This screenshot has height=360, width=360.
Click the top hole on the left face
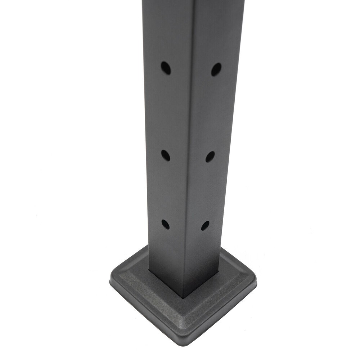[166, 68]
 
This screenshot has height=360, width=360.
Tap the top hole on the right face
[216, 69]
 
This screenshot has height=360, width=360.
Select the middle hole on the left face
[165, 156]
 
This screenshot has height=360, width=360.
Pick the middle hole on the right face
[210, 157]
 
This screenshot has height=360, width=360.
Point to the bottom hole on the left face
[165, 224]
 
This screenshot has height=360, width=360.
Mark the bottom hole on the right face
[205, 226]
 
